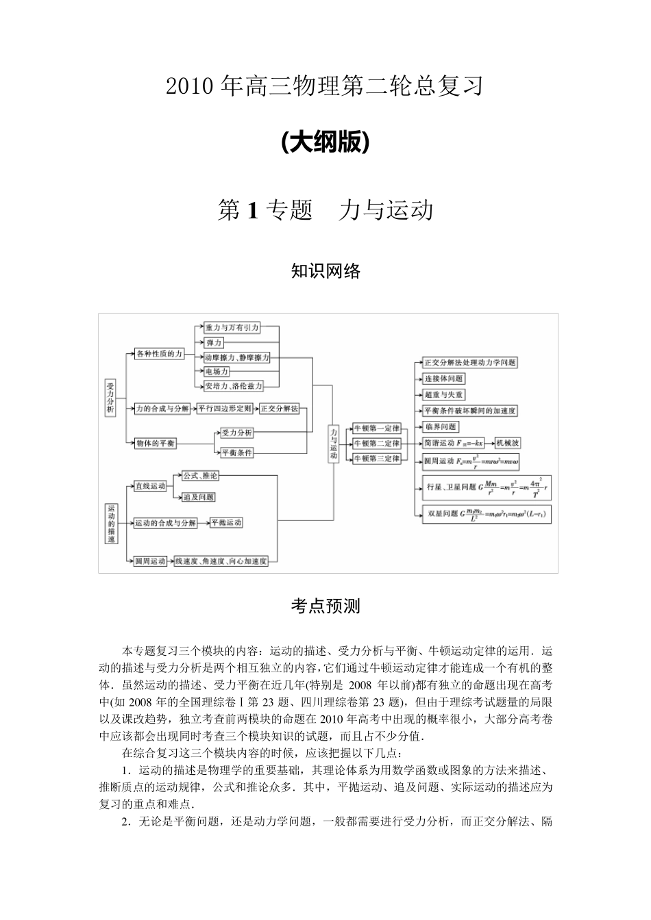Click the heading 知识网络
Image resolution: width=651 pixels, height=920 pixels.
325,271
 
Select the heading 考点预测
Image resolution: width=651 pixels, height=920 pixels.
325,606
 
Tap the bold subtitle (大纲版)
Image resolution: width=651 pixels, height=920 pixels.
325,142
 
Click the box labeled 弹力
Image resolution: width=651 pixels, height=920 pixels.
213,342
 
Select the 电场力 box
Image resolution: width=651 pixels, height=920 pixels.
217,371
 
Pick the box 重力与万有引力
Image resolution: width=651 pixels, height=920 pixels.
232,328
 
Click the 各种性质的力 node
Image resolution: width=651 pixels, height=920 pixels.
159,354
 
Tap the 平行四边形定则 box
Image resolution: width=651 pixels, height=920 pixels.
225,409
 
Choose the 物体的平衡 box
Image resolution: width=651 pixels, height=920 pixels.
156,443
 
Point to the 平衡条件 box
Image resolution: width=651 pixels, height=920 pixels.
236,452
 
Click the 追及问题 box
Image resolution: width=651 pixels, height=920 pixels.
199,496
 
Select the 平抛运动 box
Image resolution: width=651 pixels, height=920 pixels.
226,522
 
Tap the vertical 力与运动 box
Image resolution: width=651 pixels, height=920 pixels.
333,444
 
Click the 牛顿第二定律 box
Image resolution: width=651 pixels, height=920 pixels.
376,444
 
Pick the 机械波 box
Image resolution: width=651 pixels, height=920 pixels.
508,443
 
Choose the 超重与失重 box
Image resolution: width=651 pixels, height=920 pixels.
444,395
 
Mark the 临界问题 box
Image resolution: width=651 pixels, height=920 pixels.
441,426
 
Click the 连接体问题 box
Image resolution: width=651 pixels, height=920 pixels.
443,379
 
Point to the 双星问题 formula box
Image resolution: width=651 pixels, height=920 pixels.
487,514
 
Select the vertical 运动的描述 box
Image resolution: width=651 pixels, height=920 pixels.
111,524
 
